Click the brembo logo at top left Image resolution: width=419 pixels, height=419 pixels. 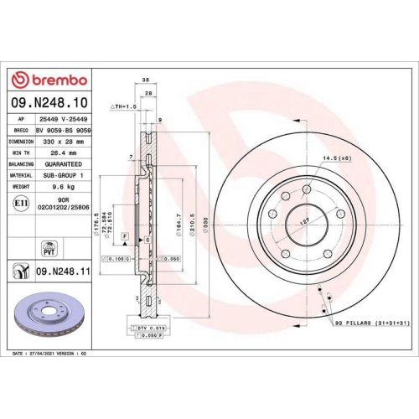click(49, 80)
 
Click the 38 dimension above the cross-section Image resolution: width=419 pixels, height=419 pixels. click(146, 81)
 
